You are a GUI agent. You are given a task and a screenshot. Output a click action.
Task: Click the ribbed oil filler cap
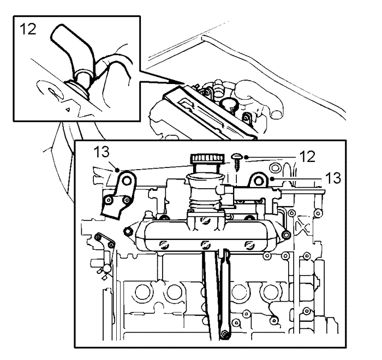pyautogui.click(x=206, y=159)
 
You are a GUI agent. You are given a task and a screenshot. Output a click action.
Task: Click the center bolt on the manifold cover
pyautogui.click(x=205, y=244)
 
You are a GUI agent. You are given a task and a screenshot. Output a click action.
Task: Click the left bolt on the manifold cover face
pyautogui.click(x=162, y=242)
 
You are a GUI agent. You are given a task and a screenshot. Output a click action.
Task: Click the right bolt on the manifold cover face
pyautogui.click(x=249, y=243)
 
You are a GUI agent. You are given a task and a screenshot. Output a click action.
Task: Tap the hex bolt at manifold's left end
pyautogui.click(x=129, y=232)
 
